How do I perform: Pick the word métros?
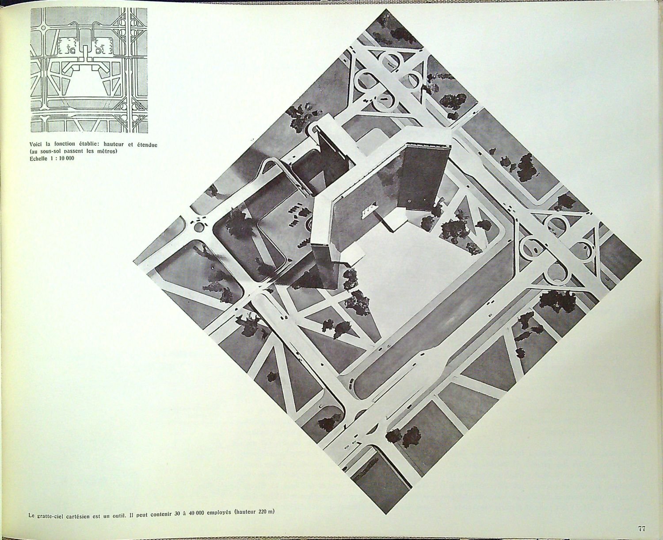[x=106, y=151]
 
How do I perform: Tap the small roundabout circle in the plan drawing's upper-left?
[x=42, y=27]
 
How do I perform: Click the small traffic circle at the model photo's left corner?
[x=198, y=227]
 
